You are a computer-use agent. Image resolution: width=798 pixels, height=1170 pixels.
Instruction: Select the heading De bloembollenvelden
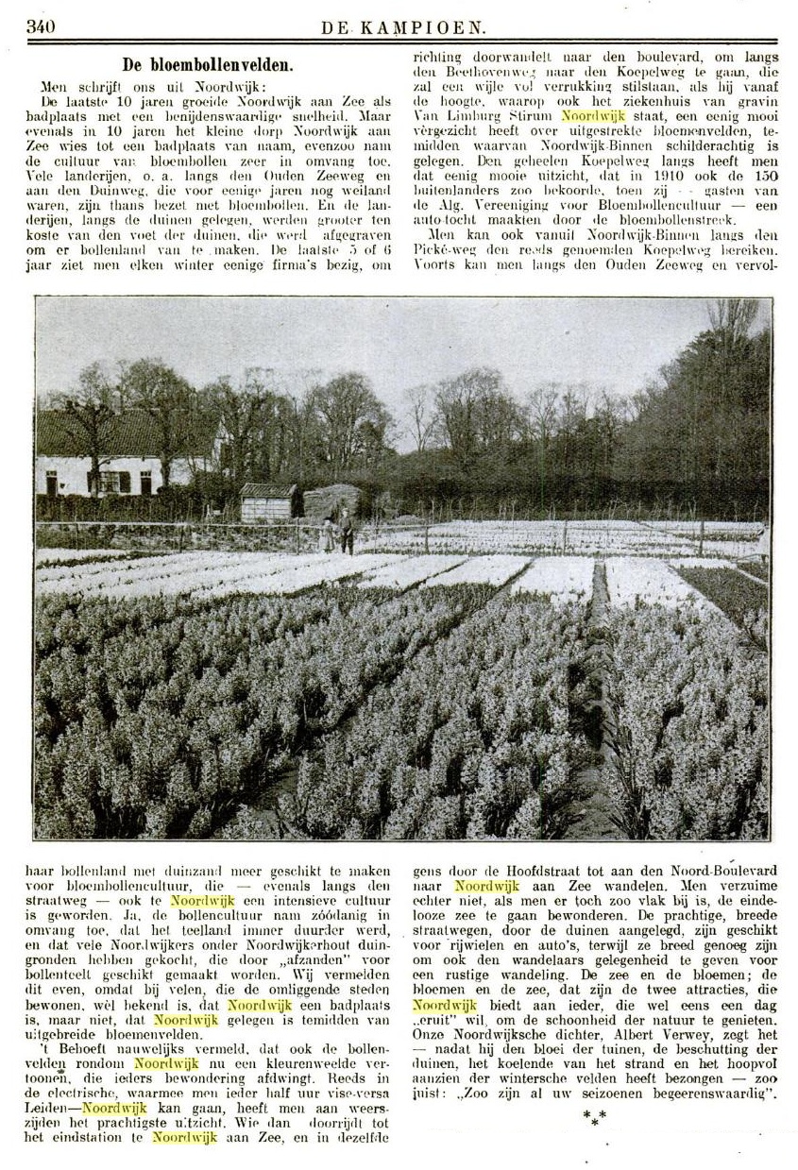point(208,65)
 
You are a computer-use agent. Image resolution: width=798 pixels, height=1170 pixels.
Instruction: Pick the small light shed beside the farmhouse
point(266,502)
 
